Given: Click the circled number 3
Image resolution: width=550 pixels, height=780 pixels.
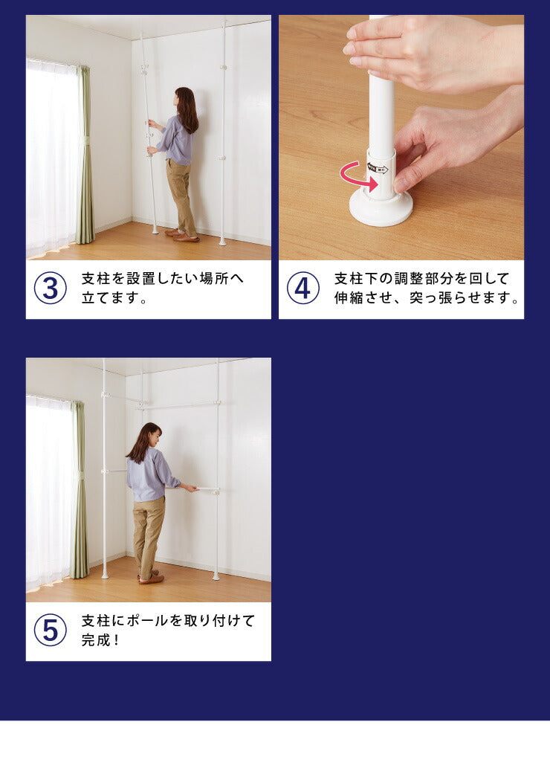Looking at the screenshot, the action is [x=51, y=288].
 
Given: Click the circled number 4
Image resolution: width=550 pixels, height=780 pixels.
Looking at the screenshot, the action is [x=302, y=288].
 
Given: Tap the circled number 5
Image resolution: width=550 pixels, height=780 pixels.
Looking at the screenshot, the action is [x=51, y=630].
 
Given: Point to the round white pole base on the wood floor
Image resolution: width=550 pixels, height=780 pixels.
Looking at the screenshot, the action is [x=381, y=210].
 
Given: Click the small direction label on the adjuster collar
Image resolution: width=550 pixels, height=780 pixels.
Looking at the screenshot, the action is [x=378, y=169].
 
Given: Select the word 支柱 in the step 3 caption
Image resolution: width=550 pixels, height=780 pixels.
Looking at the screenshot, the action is [x=95, y=278].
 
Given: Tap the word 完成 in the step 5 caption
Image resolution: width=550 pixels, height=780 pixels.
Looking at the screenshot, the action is [x=95, y=639].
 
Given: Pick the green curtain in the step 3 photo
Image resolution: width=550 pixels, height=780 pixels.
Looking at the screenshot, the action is [x=85, y=154].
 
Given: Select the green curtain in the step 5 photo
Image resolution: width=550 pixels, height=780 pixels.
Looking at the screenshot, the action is [x=79, y=490].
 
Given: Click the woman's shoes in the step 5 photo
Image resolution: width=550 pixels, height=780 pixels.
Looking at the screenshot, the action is [x=150, y=577].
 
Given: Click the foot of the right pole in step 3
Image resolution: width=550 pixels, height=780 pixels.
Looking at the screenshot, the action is [x=221, y=242].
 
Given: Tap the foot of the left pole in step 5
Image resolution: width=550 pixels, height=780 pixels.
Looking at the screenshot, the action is [x=105, y=576].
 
